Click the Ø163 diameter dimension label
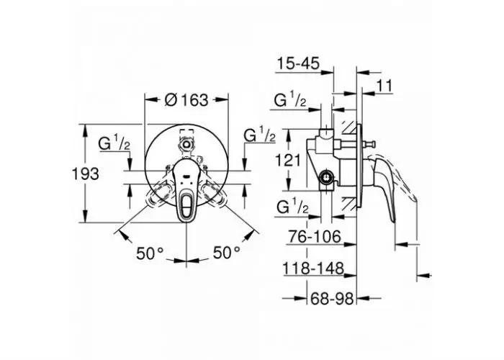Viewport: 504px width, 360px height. [x=186, y=100]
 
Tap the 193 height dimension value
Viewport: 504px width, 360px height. [x=85, y=174]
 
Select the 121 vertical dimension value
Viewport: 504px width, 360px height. [x=288, y=160]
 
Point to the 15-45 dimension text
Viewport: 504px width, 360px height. [x=299, y=63]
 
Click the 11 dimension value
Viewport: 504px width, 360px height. [x=384, y=86]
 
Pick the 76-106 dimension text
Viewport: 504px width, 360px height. [x=315, y=237]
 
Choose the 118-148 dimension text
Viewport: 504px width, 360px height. [x=313, y=268]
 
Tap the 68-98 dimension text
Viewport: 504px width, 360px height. [x=332, y=299]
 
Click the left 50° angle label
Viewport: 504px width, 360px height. [x=150, y=253]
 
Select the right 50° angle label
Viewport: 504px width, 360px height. [x=227, y=253]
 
